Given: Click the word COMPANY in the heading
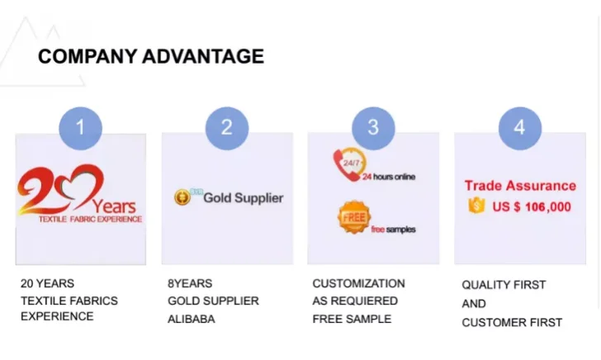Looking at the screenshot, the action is pos(88,56).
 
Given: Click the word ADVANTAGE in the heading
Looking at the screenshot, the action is pos(203,56).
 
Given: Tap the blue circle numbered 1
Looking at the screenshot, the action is pos(81,128).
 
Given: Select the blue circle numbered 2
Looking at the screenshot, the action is pos(227,128).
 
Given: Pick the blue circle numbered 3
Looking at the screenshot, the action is pos(373,128).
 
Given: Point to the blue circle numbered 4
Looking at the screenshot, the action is pos(520,128).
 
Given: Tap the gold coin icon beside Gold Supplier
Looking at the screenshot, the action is pos(182,197).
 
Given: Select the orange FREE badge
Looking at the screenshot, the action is pos(354,217).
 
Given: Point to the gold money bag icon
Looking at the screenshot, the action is pos(476,206).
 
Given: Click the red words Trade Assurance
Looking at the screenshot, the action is pos(520,186).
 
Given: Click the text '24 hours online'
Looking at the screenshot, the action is pos(389,177).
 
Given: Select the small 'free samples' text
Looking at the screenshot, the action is pos(393,230).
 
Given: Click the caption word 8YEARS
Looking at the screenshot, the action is pos(190,283).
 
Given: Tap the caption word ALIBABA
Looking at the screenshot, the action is pos(192,319).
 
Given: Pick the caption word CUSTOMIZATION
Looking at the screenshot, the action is pos(358,283).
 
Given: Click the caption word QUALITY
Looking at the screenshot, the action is pos(482,285).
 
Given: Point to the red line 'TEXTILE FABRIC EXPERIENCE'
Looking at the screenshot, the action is pos(91,220).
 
